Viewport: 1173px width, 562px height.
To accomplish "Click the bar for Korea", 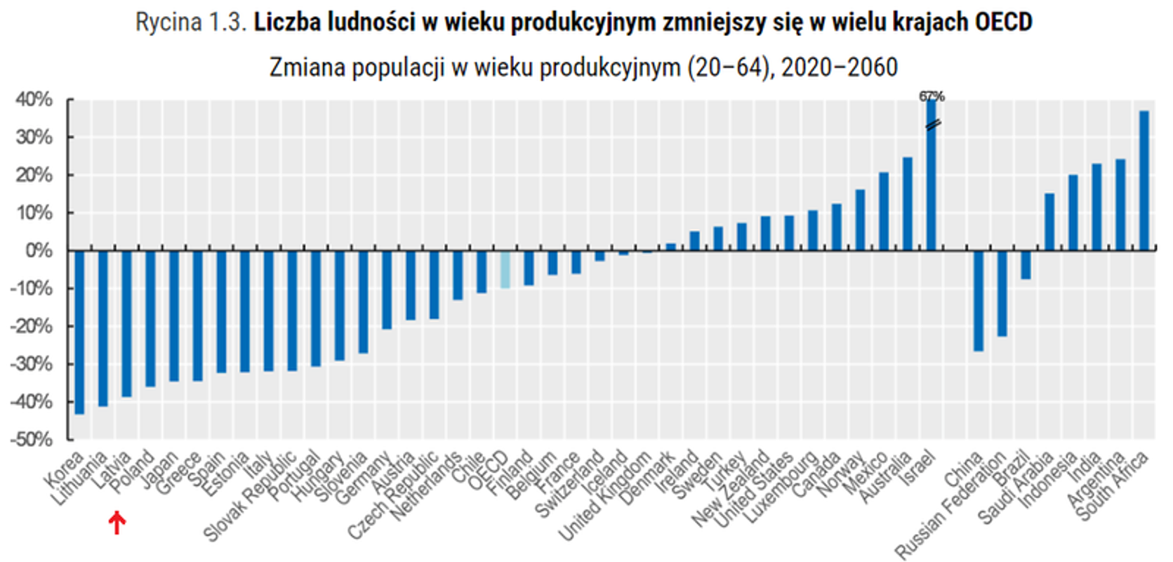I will pos(79,332).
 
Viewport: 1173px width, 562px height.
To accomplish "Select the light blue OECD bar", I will pos(505,269).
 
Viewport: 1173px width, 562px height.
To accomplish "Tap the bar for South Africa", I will pos(1144,181).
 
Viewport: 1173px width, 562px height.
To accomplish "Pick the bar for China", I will pos(978,301).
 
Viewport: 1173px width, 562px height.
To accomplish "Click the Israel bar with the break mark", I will pos(932,176).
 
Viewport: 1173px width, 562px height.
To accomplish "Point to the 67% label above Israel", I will pos(932,96).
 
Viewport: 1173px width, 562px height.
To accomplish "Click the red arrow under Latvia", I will pos(117,523).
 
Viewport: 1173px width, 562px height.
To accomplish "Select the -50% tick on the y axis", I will pos(32,439).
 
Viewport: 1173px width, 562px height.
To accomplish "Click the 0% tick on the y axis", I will pos(39,251).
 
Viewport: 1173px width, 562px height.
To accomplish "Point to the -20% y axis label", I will pos(32,326).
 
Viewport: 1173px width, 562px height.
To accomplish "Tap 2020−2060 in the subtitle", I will pos(840,67).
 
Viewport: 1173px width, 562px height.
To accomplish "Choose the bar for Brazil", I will pos(1026,265).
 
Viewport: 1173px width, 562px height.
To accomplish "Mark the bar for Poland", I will pos(150,318).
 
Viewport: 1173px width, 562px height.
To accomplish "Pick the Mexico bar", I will pos(884,211).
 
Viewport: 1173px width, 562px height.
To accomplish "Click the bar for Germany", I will pos(387,289).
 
